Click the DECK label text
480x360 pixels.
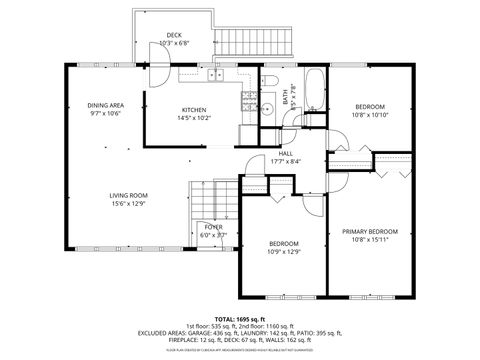[174, 35]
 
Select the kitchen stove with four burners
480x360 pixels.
[246, 99]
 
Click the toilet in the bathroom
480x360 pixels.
[270, 80]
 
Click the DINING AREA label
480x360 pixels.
[105, 105]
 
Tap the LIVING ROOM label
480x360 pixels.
[129, 195]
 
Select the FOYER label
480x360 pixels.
[214, 227]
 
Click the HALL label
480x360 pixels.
[285, 153]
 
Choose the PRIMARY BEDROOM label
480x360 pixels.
[370, 231]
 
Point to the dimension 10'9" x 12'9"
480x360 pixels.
[284, 252]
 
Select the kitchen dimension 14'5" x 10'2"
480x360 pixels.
[194, 118]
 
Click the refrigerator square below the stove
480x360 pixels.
[247, 134]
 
